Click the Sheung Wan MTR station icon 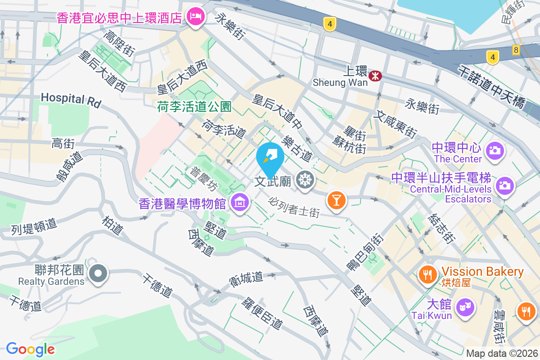click(x=374, y=76)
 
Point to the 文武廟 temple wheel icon click(x=305, y=181)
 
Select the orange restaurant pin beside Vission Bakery click(x=426, y=274)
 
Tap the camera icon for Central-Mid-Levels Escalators click(x=504, y=185)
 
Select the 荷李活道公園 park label click(x=194, y=107)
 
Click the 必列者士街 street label click(x=295, y=207)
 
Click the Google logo click(x=30, y=349)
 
